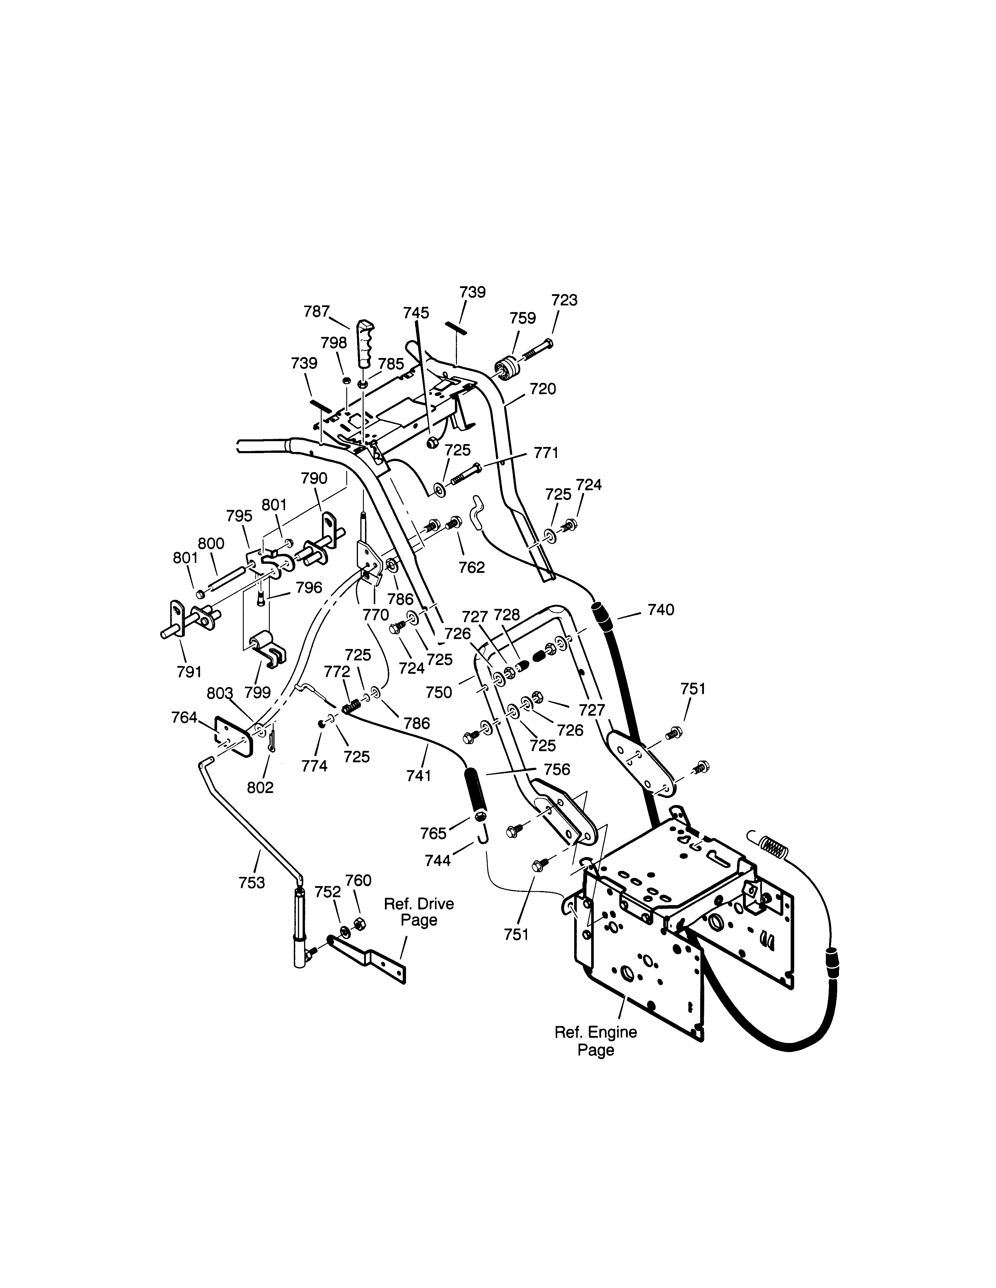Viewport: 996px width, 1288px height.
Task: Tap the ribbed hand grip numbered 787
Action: coord(365,344)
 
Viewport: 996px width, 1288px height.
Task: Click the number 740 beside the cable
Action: coord(661,610)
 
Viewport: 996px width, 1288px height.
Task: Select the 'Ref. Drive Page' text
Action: coord(419,911)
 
